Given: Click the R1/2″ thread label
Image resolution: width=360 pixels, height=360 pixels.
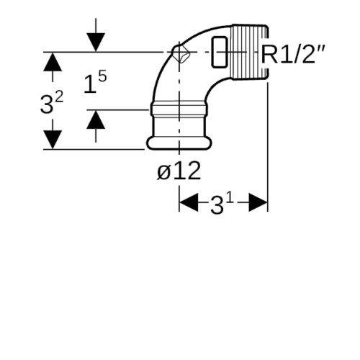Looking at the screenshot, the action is tap(293, 55).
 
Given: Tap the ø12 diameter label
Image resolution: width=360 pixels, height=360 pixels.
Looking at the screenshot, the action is tap(179, 171).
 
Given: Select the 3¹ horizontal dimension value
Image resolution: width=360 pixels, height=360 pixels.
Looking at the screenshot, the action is tap(222, 204).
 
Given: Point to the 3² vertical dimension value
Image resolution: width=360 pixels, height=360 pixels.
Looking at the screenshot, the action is tap(52, 103).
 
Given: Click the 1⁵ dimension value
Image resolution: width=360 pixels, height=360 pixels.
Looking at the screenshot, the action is tap(95, 82).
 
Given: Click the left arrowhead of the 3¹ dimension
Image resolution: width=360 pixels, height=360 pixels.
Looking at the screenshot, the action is tap(189, 202).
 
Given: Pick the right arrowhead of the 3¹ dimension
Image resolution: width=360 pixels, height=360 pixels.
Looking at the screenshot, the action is tap(258, 202).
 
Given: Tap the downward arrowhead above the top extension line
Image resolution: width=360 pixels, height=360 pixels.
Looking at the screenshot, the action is tap(96, 42).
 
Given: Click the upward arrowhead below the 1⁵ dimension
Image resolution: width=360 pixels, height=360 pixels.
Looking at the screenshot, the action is tap(96, 120).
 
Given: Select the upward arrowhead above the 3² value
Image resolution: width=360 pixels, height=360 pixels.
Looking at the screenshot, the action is tap(53, 62).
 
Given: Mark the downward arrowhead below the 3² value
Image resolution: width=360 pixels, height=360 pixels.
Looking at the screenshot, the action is tap(53, 140).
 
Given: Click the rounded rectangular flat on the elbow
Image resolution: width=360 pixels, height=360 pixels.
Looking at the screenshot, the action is tap(220, 52).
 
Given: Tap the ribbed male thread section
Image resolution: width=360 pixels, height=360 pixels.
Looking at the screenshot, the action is tap(250, 52).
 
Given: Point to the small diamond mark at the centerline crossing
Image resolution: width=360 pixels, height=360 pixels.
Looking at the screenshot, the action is tap(181, 53).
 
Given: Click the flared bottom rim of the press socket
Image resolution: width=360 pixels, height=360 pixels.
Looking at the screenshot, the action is tap(179, 143).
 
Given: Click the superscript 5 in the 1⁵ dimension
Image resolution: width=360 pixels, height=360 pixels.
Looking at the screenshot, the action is tap(102, 77).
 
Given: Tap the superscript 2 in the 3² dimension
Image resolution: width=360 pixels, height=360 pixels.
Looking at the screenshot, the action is tap(59, 98).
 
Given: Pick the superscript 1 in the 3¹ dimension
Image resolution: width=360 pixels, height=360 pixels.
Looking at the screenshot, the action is tap(230, 199).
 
